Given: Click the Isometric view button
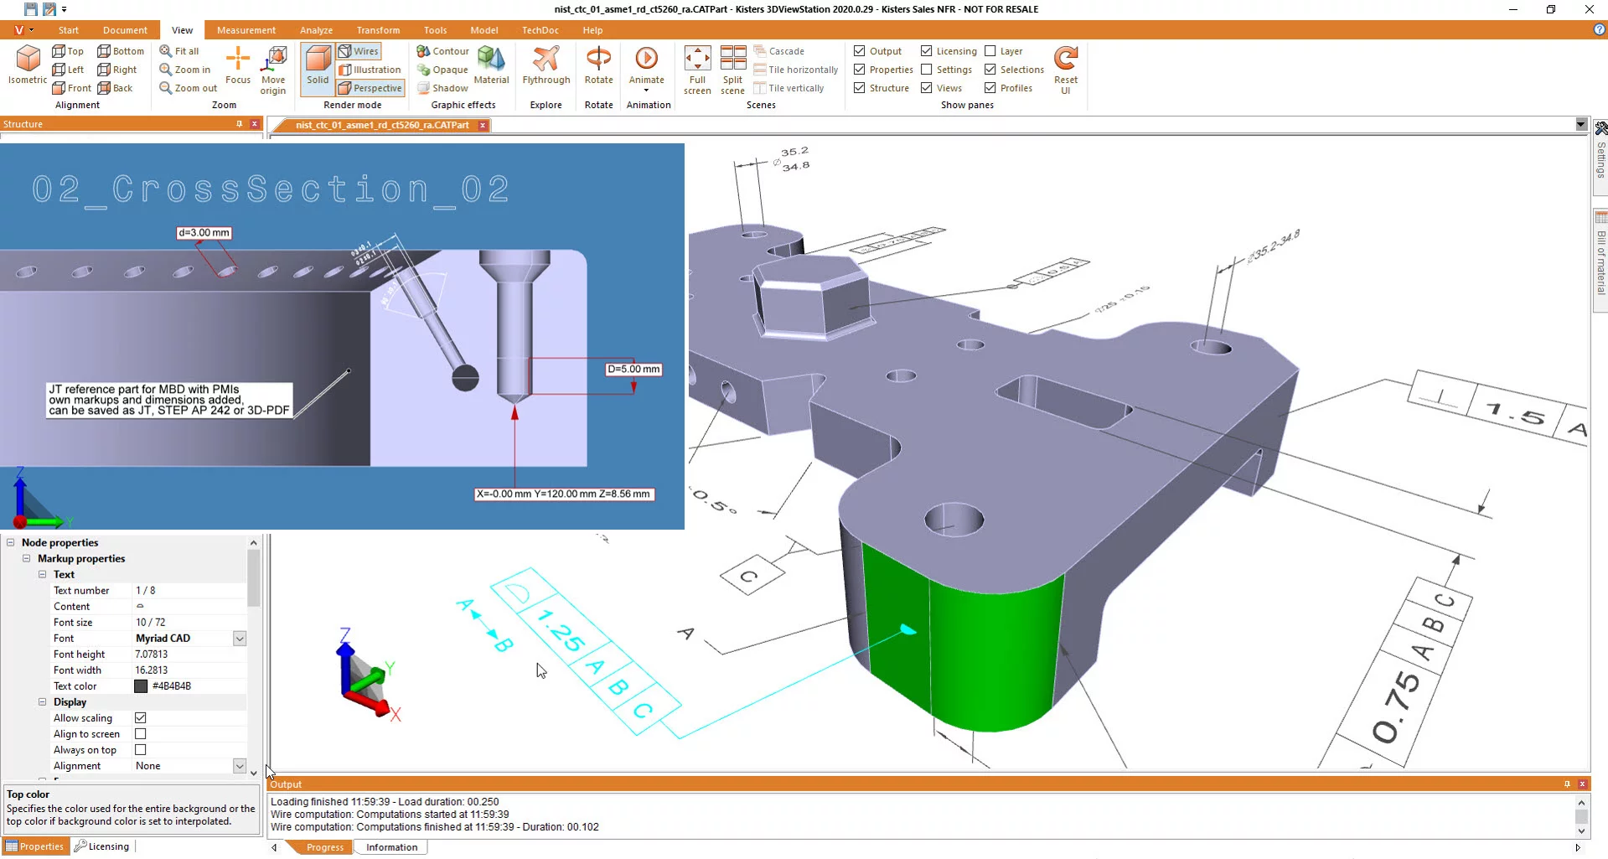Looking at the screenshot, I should [x=28, y=65].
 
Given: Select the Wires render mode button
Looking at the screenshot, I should [x=359, y=51].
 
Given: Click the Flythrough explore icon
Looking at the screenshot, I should [x=545, y=65].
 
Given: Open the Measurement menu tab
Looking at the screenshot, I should [x=246, y=30].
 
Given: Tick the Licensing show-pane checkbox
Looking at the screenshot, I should [x=927, y=51].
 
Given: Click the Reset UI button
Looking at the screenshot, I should [x=1065, y=70].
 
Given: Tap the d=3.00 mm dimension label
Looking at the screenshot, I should [x=204, y=233].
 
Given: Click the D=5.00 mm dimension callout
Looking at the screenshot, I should [x=633, y=370].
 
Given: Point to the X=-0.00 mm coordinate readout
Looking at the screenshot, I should [x=563, y=494].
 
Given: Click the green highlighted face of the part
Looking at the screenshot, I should [x=964, y=645].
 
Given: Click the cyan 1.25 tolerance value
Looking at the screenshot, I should [x=560, y=630].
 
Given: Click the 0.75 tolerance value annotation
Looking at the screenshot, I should [x=1398, y=706].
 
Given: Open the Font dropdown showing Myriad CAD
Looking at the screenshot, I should [x=239, y=639].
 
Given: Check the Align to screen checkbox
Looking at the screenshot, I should [x=141, y=734].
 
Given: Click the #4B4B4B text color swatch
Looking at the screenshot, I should [x=141, y=686].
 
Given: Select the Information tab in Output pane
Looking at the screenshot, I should [x=391, y=847].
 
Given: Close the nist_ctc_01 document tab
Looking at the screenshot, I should [x=483, y=126].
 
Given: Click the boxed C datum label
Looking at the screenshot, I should [x=751, y=577].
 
